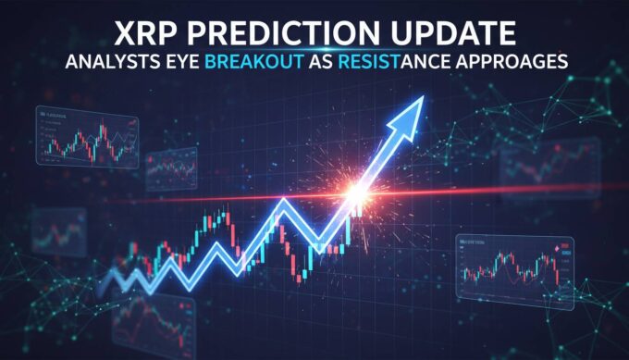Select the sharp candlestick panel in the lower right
(515, 267)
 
